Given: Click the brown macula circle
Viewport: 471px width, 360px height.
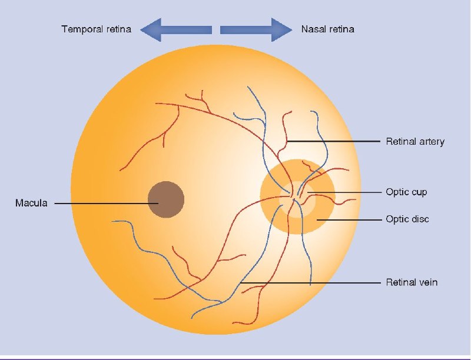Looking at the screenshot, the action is click(x=166, y=199).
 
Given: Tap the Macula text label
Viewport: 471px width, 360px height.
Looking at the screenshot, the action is click(x=31, y=203).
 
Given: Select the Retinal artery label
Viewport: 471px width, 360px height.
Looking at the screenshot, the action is click(x=415, y=142).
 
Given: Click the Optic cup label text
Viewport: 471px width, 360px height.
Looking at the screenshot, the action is click(x=406, y=192).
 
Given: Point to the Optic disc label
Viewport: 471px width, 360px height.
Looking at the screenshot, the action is click(x=407, y=219).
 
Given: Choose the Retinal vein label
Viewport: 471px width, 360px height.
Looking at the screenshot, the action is click(x=412, y=282).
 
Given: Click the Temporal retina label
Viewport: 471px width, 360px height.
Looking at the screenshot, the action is click(x=97, y=29).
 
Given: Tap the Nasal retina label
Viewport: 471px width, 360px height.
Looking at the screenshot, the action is click(x=328, y=29).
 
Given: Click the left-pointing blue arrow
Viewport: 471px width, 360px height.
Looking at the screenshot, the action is click(x=176, y=29).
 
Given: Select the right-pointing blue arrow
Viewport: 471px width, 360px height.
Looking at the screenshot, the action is click(x=256, y=29).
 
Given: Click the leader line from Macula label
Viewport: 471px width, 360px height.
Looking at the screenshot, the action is click(x=107, y=204).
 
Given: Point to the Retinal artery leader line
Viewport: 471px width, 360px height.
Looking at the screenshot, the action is click(x=333, y=141).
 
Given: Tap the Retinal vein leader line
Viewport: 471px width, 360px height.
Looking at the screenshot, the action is click(x=310, y=282).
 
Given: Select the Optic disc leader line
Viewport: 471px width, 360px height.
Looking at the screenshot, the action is click(x=349, y=219).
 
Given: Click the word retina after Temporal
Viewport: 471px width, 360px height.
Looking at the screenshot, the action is click(x=119, y=29).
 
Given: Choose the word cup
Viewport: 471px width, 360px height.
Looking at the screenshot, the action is click(x=419, y=192).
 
